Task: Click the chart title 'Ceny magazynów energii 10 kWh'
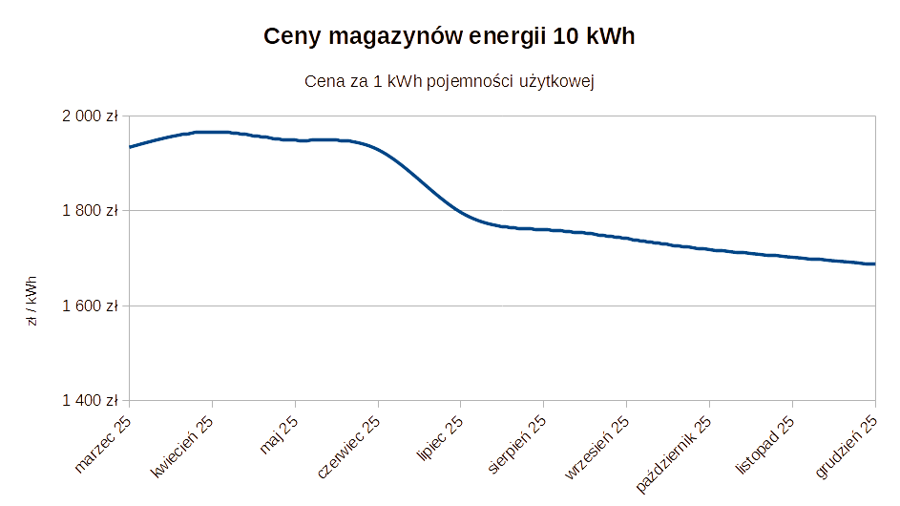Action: [x=450, y=37]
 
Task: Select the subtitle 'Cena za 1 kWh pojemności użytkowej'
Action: [x=450, y=82]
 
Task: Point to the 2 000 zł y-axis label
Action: [x=89, y=116]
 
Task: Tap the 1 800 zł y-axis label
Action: [x=89, y=210]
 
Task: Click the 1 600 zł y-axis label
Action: [x=89, y=306]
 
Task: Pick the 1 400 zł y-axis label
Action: [x=89, y=400]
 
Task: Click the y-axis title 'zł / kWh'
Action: [x=32, y=302]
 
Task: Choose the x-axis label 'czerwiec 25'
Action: [x=347, y=449]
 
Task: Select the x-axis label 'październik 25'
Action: [x=674, y=453]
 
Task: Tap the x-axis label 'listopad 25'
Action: [x=764, y=446]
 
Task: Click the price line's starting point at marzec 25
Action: [x=130, y=147]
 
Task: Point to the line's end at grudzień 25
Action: [x=875, y=264]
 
